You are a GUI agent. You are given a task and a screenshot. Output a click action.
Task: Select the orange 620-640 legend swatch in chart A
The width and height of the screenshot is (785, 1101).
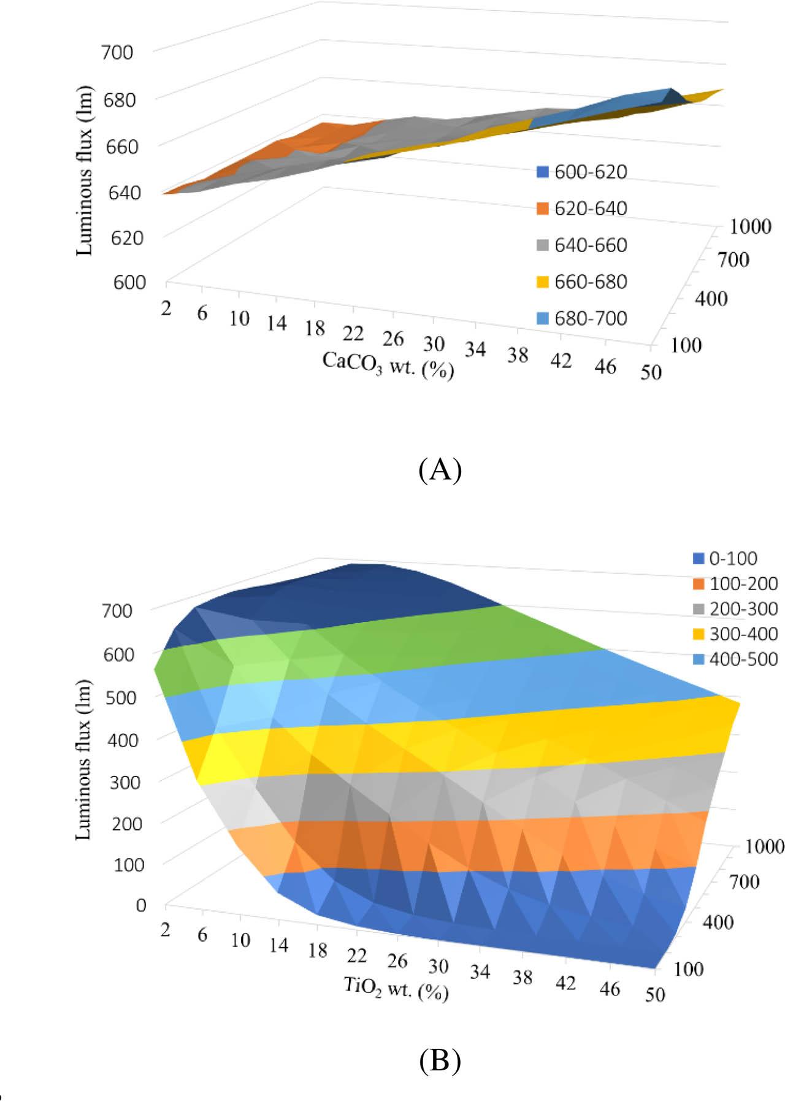[542, 209]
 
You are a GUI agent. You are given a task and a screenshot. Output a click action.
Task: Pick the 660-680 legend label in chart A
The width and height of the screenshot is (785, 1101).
[591, 282]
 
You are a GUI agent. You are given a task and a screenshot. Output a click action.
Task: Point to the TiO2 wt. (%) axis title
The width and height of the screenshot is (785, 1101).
[396, 988]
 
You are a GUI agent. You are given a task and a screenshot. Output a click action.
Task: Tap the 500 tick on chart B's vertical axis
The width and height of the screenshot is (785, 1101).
[120, 697]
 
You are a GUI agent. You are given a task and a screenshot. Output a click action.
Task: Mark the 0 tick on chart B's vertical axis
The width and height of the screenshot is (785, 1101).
[141, 905]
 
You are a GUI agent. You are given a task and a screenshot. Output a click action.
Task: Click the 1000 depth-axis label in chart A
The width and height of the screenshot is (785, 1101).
[750, 227]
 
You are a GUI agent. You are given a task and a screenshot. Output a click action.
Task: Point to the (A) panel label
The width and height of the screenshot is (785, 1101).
[440, 470]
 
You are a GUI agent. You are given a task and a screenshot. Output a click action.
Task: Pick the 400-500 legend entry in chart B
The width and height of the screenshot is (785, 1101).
[735, 659]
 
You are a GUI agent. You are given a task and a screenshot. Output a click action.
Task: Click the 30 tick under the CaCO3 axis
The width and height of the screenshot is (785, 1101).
[434, 342]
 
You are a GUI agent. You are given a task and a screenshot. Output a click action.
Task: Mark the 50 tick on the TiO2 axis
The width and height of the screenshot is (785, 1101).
[655, 994]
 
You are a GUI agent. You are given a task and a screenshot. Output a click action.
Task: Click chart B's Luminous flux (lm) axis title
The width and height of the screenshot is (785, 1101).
[84, 760]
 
